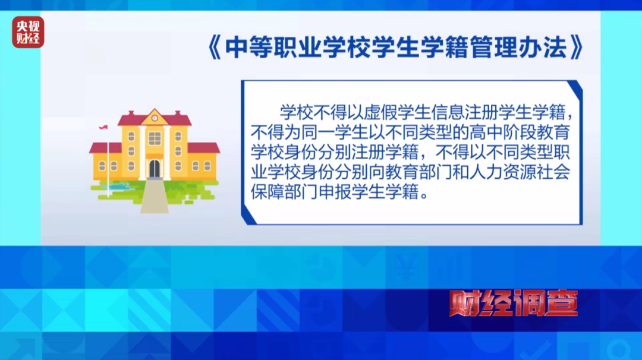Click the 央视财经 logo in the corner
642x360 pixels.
point(29,32)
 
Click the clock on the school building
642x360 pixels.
point(155,118)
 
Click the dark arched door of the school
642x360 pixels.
point(155,168)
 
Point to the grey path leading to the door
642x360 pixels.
point(154,196)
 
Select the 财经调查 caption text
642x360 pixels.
point(512,304)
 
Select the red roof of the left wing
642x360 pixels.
point(105,147)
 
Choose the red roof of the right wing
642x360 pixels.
point(204,147)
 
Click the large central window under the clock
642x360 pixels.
point(155,138)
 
